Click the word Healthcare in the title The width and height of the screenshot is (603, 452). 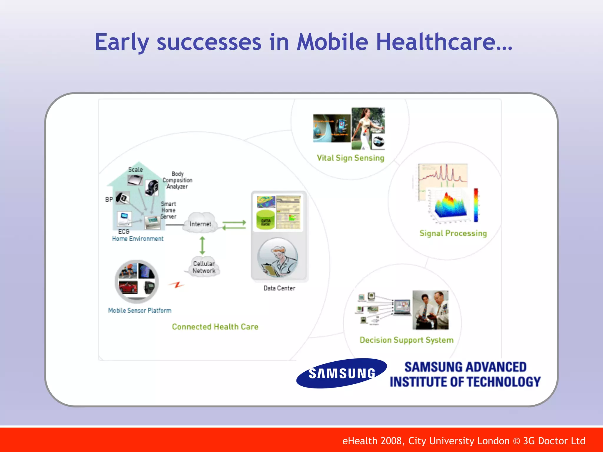(444, 42)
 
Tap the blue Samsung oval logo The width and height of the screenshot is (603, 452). (342, 373)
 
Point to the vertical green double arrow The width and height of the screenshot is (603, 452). (202, 245)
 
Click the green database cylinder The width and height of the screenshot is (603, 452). (266, 220)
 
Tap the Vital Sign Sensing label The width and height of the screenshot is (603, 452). (350, 158)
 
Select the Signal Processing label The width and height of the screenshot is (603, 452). (453, 233)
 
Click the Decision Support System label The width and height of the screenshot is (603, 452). (406, 340)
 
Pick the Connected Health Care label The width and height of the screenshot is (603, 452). (215, 327)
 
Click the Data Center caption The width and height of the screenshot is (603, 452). (279, 288)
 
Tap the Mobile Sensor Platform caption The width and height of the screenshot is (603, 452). (140, 310)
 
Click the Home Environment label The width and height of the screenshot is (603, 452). (138, 239)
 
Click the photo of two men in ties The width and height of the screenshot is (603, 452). (430, 310)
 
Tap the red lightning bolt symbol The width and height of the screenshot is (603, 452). (177, 285)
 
